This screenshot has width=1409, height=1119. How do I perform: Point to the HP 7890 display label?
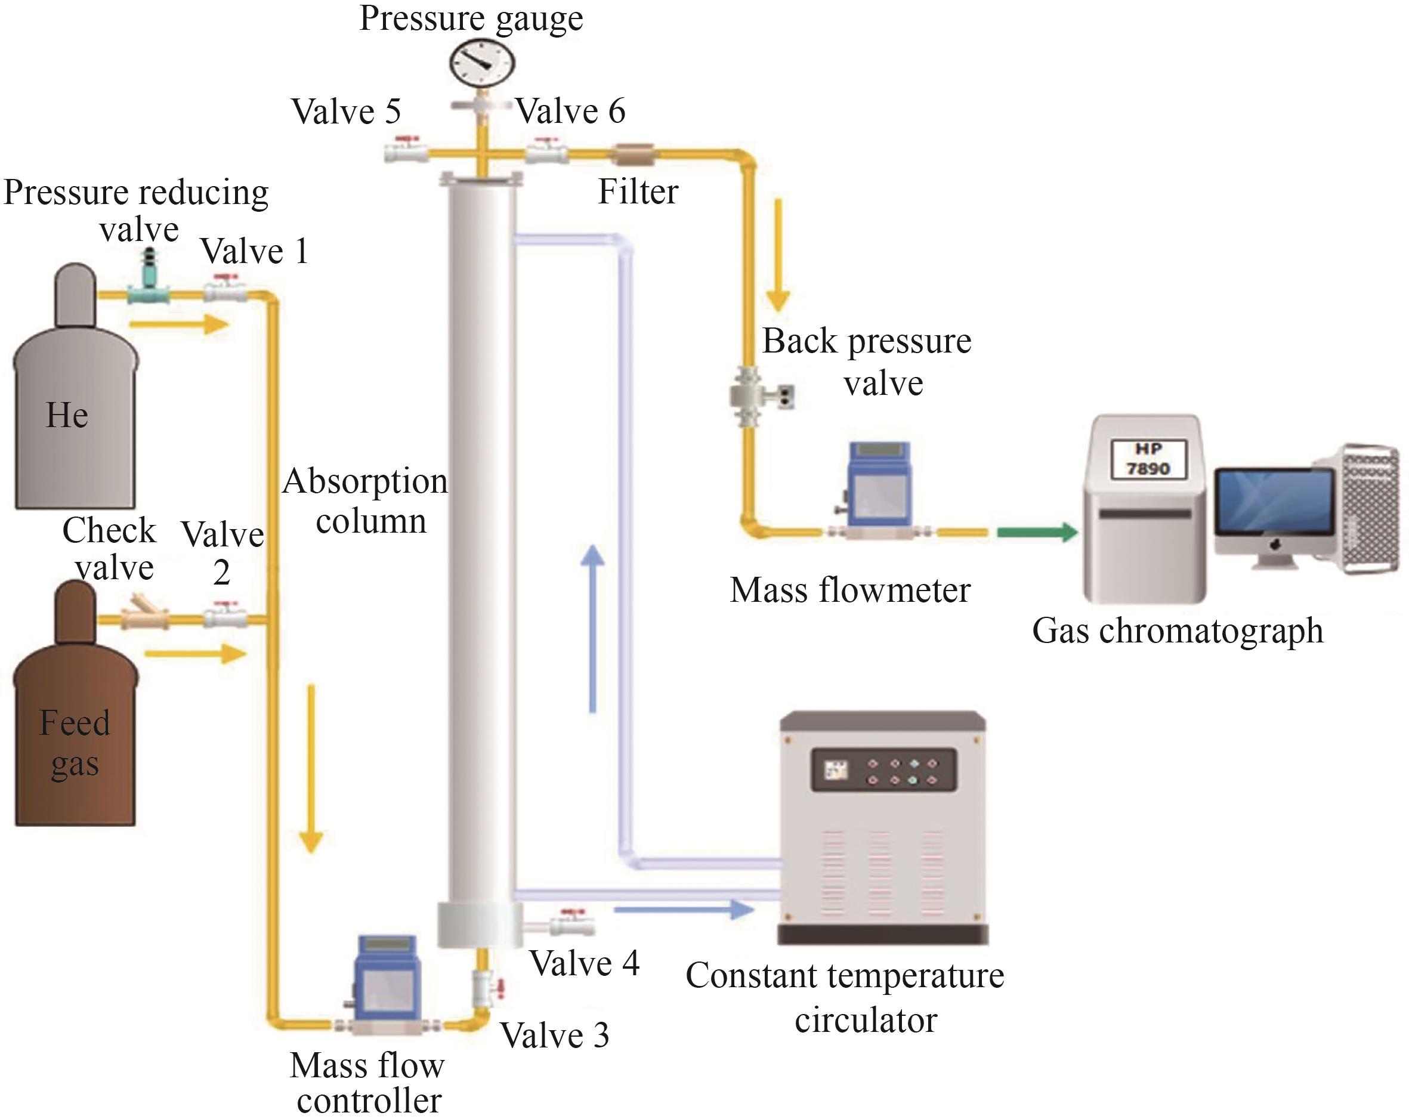pos(1148,459)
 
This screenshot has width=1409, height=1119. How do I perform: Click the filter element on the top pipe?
pos(631,155)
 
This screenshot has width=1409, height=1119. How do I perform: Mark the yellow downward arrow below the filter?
pos(778,255)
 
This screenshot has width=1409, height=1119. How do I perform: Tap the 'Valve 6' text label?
pos(570,111)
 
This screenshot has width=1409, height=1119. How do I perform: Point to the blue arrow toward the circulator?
pos(684,909)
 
